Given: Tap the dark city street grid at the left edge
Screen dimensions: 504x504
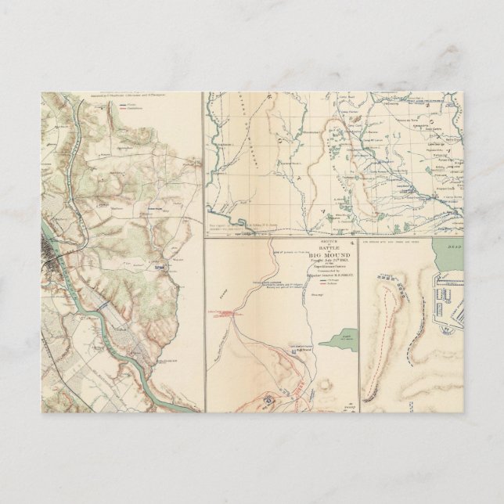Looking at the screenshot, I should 55,250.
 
